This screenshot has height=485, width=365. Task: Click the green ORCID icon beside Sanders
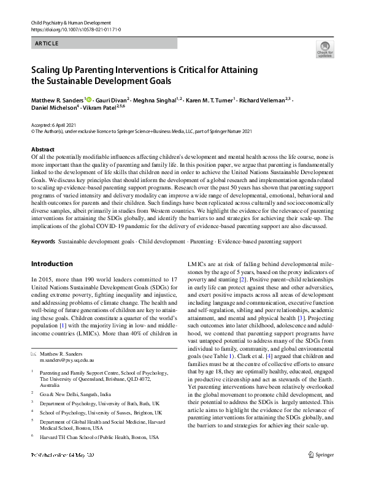click(x=89, y=99)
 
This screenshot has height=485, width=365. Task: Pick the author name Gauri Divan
click(x=110, y=99)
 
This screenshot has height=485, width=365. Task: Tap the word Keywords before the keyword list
click(x=43, y=242)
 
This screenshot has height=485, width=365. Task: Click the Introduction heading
click(x=52, y=264)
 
